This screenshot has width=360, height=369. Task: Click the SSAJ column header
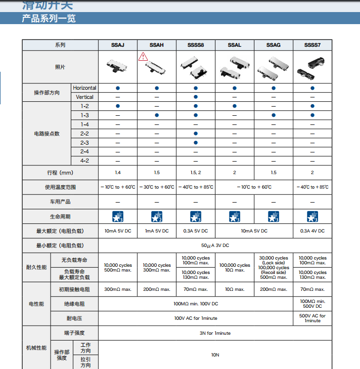(x=118, y=45)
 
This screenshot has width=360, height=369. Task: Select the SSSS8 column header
(x=196, y=45)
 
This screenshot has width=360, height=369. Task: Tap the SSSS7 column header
(x=312, y=45)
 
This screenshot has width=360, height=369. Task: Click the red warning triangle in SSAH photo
(x=143, y=57)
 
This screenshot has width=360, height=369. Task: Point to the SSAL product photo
(x=234, y=67)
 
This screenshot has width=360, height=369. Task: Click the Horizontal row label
(x=85, y=88)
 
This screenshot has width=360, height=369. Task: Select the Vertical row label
(x=85, y=97)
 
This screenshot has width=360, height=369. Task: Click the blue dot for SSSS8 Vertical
(x=196, y=97)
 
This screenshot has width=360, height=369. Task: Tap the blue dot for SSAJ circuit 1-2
(x=118, y=106)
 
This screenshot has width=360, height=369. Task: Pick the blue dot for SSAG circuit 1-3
(x=274, y=115)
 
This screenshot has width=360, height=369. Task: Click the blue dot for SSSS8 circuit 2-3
(x=196, y=143)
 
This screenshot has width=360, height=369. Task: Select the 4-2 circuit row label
(x=85, y=161)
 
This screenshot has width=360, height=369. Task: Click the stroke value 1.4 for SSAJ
(x=118, y=173)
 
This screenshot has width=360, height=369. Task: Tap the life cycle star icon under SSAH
(x=157, y=216)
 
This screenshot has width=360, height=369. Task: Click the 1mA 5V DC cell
(x=157, y=231)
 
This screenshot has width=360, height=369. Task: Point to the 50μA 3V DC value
(x=215, y=246)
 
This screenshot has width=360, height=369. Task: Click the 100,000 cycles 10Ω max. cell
(x=235, y=268)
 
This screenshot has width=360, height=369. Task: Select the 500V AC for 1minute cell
(x=312, y=318)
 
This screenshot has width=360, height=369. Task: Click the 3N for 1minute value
(x=215, y=333)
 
